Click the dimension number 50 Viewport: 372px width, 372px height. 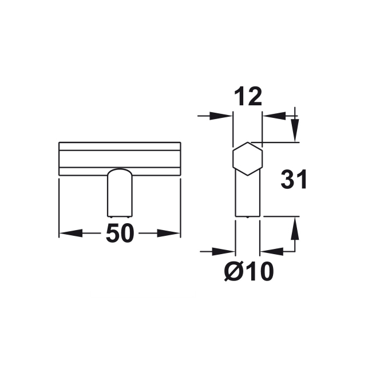pyautogui.click(x=120, y=233)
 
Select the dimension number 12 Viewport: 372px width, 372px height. pyautogui.click(x=248, y=96)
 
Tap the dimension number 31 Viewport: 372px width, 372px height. pyautogui.click(x=294, y=179)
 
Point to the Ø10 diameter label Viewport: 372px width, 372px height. pyautogui.click(x=249, y=271)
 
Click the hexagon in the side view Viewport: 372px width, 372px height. pyautogui.click(x=248, y=159)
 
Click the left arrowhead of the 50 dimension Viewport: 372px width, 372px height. pyautogui.click(x=71, y=233)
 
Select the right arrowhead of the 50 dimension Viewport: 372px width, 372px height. pyautogui.click(x=169, y=233)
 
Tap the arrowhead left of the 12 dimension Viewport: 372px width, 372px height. pyautogui.click(x=221, y=116)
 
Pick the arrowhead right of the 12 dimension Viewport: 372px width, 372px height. pyautogui.click(x=274, y=116)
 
